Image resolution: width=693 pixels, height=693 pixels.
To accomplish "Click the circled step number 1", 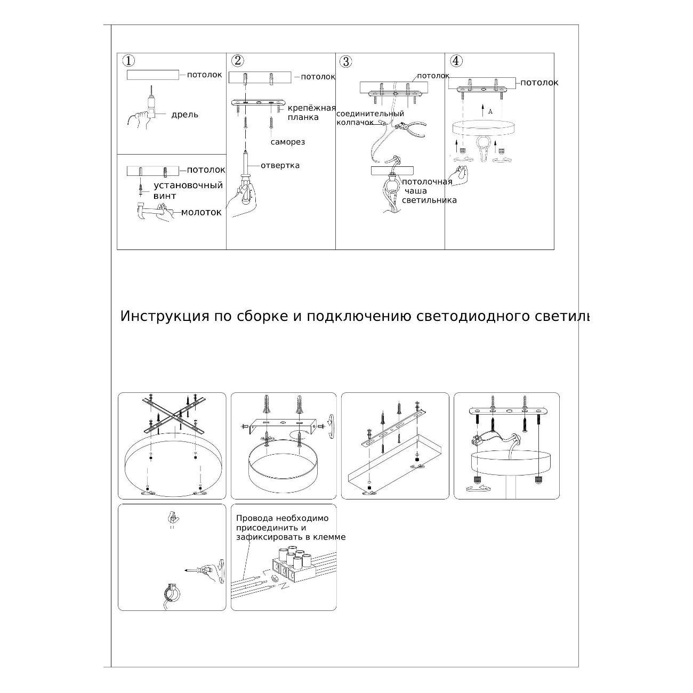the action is coord(128,61).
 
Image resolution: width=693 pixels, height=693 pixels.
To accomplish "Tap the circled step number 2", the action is coord(238,60).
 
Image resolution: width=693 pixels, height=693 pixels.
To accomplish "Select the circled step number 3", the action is coord(345,61).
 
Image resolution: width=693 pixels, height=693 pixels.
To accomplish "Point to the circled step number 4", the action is coord(456,61).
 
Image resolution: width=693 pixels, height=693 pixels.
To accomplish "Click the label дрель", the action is coord(185,115).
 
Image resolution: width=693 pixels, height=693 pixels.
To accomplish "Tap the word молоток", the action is coord(202,212).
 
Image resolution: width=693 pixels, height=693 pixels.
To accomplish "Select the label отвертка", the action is coord(280,165).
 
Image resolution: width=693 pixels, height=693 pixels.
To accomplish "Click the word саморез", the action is coord(288,142).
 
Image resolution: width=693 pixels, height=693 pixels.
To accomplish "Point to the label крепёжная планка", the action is coord(311,112).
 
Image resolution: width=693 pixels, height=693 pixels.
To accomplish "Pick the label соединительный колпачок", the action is coord(370,118).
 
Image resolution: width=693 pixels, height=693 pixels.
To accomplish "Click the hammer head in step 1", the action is coord(141,211).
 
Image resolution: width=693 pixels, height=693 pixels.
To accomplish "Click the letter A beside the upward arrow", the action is coord(490,112).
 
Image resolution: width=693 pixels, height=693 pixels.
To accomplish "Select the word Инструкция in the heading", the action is coord(165,316).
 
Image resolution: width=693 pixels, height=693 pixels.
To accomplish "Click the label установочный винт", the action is coord(188,191).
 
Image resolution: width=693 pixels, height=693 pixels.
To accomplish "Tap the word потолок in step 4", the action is coord(539,83).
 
